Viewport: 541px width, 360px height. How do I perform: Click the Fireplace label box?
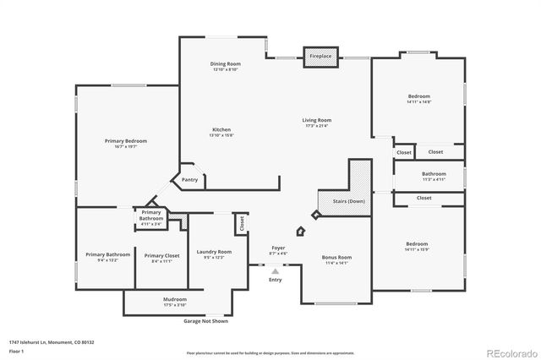click(320, 56)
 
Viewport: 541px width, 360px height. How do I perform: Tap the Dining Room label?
click(225, 64)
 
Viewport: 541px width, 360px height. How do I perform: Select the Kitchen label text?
click(221, 129)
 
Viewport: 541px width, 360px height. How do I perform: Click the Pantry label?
click(190, 179)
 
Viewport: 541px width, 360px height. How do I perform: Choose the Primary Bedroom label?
click(126, 140)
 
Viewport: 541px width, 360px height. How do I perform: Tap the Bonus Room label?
click(336, 257)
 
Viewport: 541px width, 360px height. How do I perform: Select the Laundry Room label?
click(213, 252)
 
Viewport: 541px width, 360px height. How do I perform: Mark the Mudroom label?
click(175, 299)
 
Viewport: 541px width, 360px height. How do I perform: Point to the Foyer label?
click(278, 248)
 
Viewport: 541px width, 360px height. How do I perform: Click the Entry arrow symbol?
click(276, 270)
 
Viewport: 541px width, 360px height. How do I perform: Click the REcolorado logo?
click(508, 350)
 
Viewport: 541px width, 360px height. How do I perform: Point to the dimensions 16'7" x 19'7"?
click(126, 146)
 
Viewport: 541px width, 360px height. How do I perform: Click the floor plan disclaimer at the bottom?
click(270, 352)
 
